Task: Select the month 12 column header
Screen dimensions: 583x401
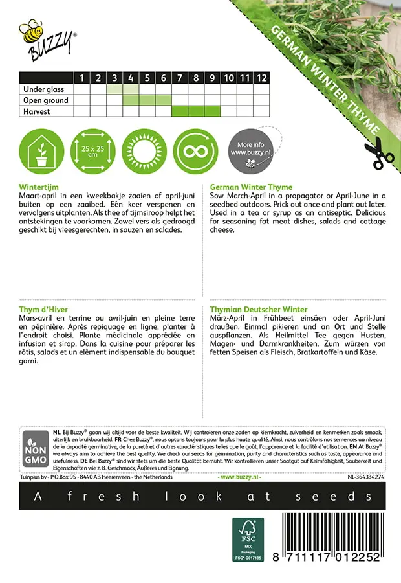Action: coord(261,78)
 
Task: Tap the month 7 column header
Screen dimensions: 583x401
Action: coord(180,78)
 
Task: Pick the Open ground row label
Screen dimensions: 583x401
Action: coord(45,100)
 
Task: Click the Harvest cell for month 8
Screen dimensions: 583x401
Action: coord(196,111)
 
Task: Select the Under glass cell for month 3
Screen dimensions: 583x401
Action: coord(115,89)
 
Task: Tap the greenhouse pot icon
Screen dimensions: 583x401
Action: coord(41,150)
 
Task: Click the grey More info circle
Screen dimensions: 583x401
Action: coord(250,150)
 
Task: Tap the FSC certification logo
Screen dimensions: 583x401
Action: coord(248,538)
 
